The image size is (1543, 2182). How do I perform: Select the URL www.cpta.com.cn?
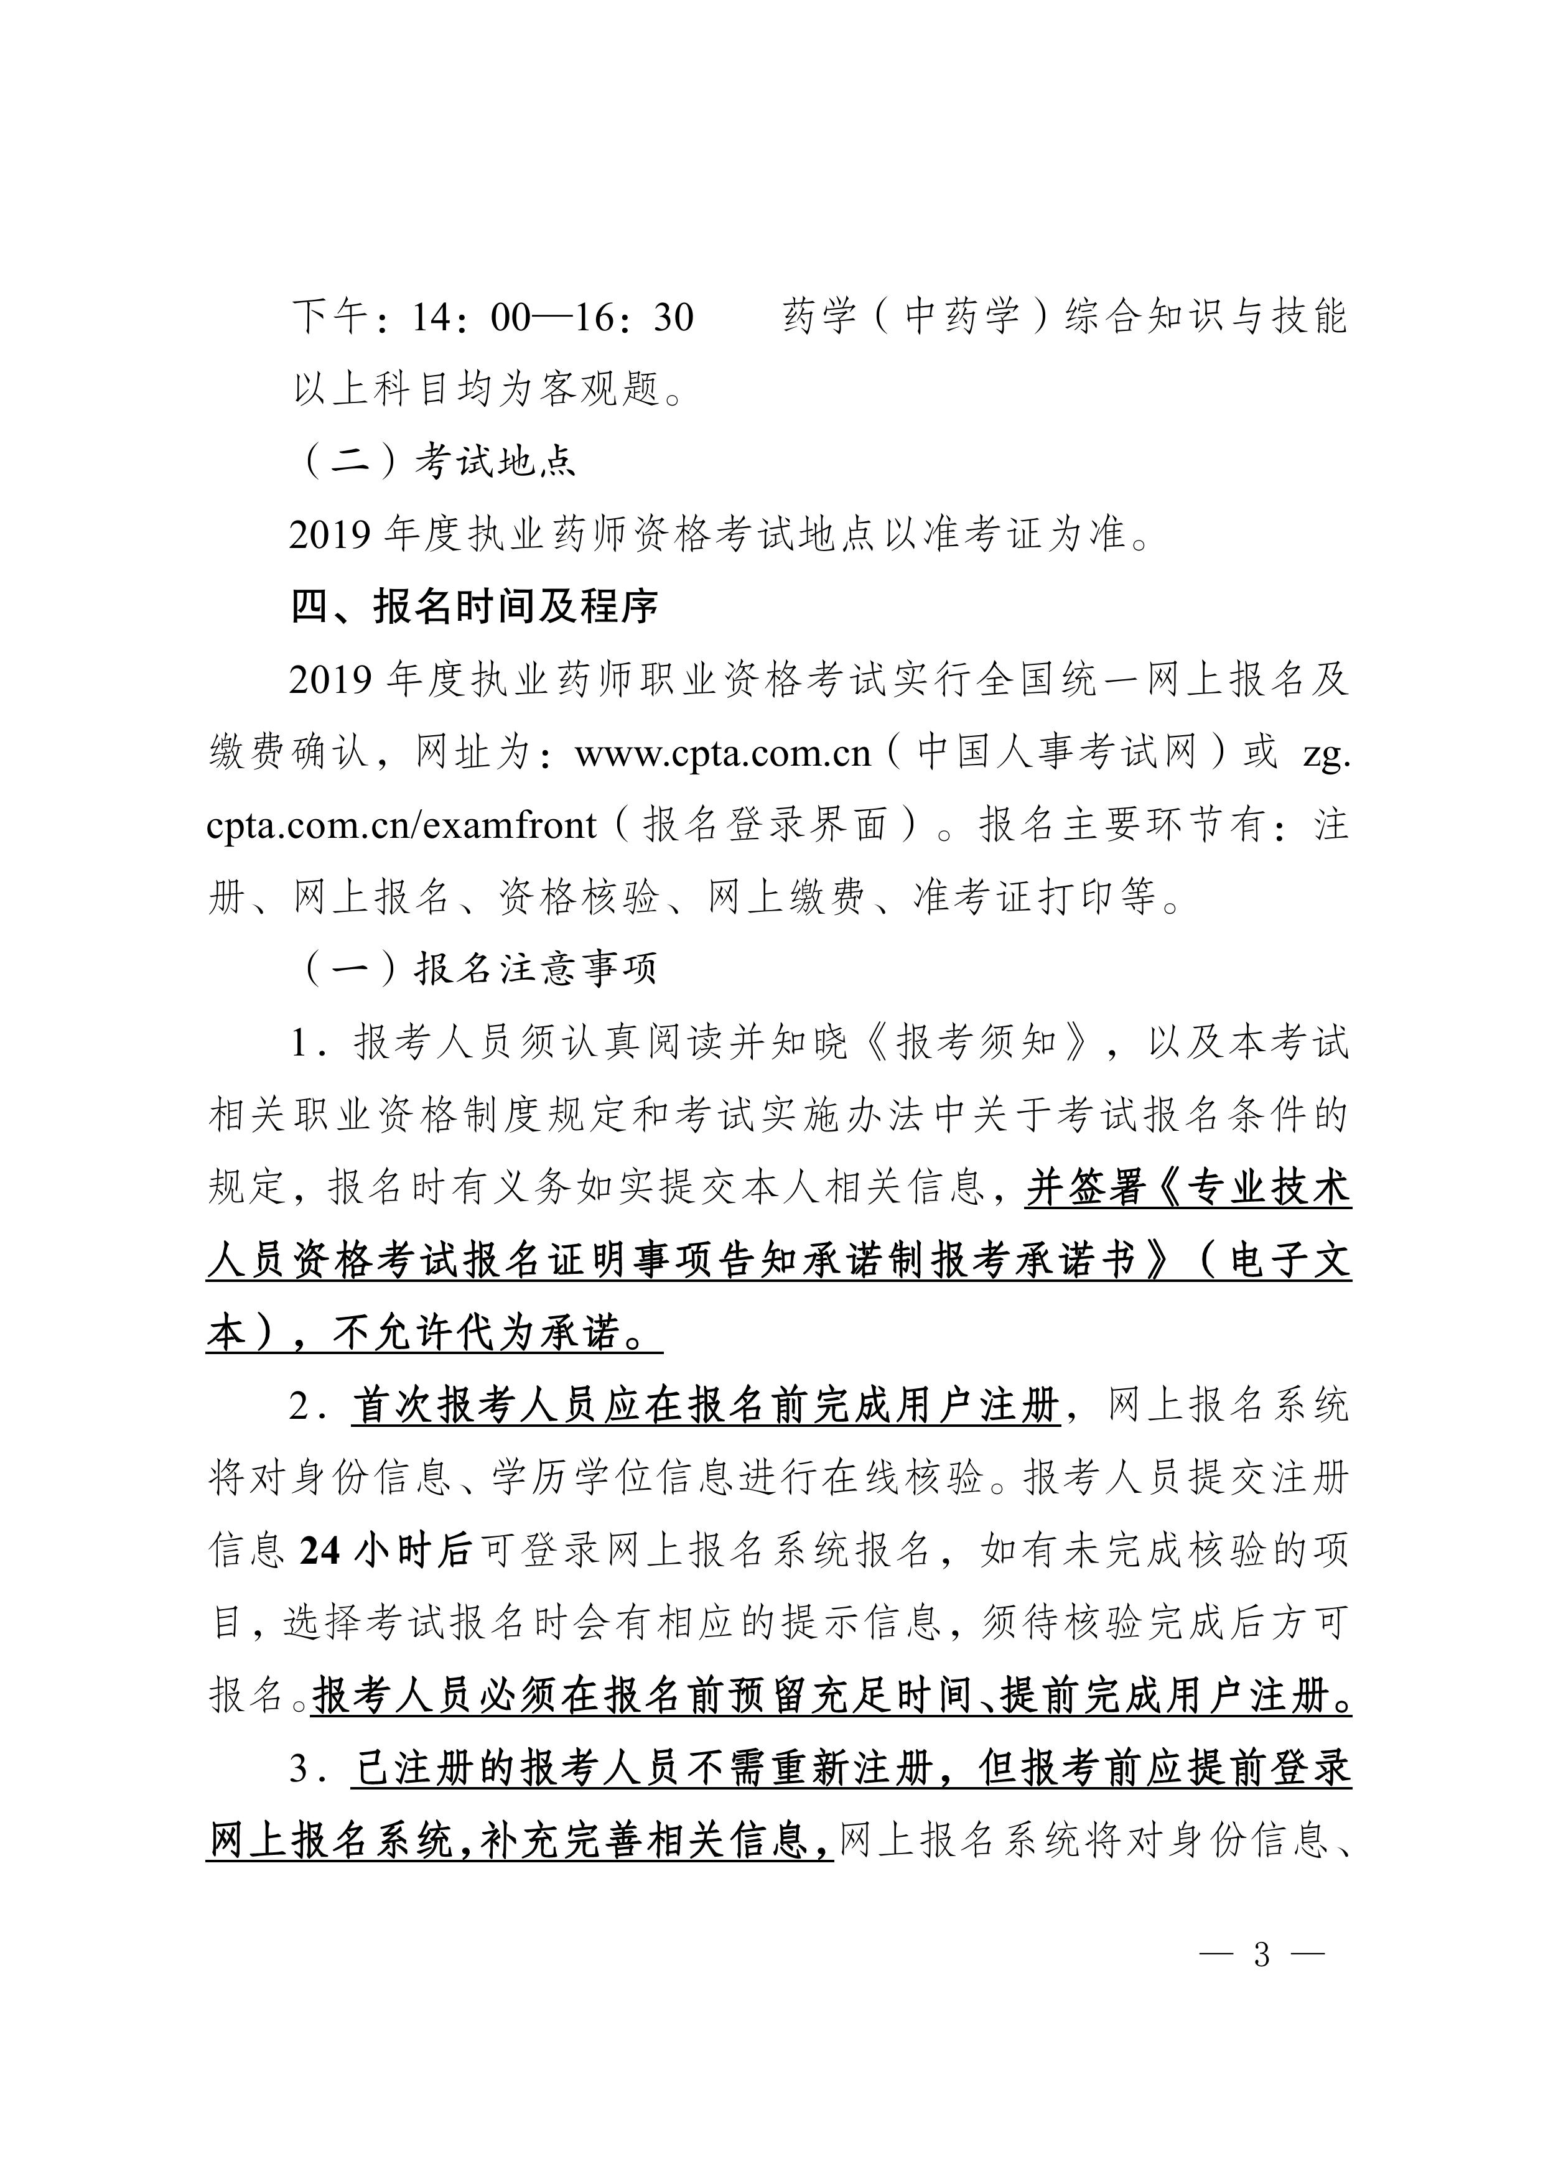click(722, 753)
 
